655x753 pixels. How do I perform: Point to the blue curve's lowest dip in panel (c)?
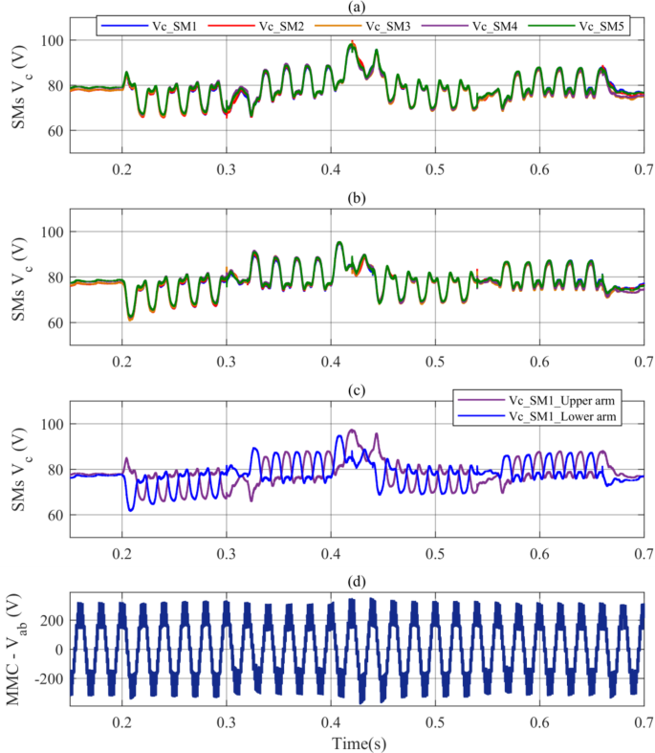131,509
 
